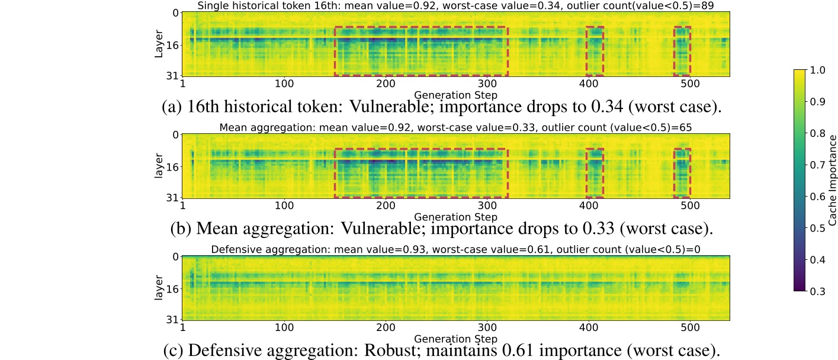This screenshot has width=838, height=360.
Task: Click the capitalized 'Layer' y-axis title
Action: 159,44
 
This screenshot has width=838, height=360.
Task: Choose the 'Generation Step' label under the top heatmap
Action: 455,94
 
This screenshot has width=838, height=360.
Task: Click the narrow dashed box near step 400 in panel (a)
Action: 595,51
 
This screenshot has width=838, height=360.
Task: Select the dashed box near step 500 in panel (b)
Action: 682,172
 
